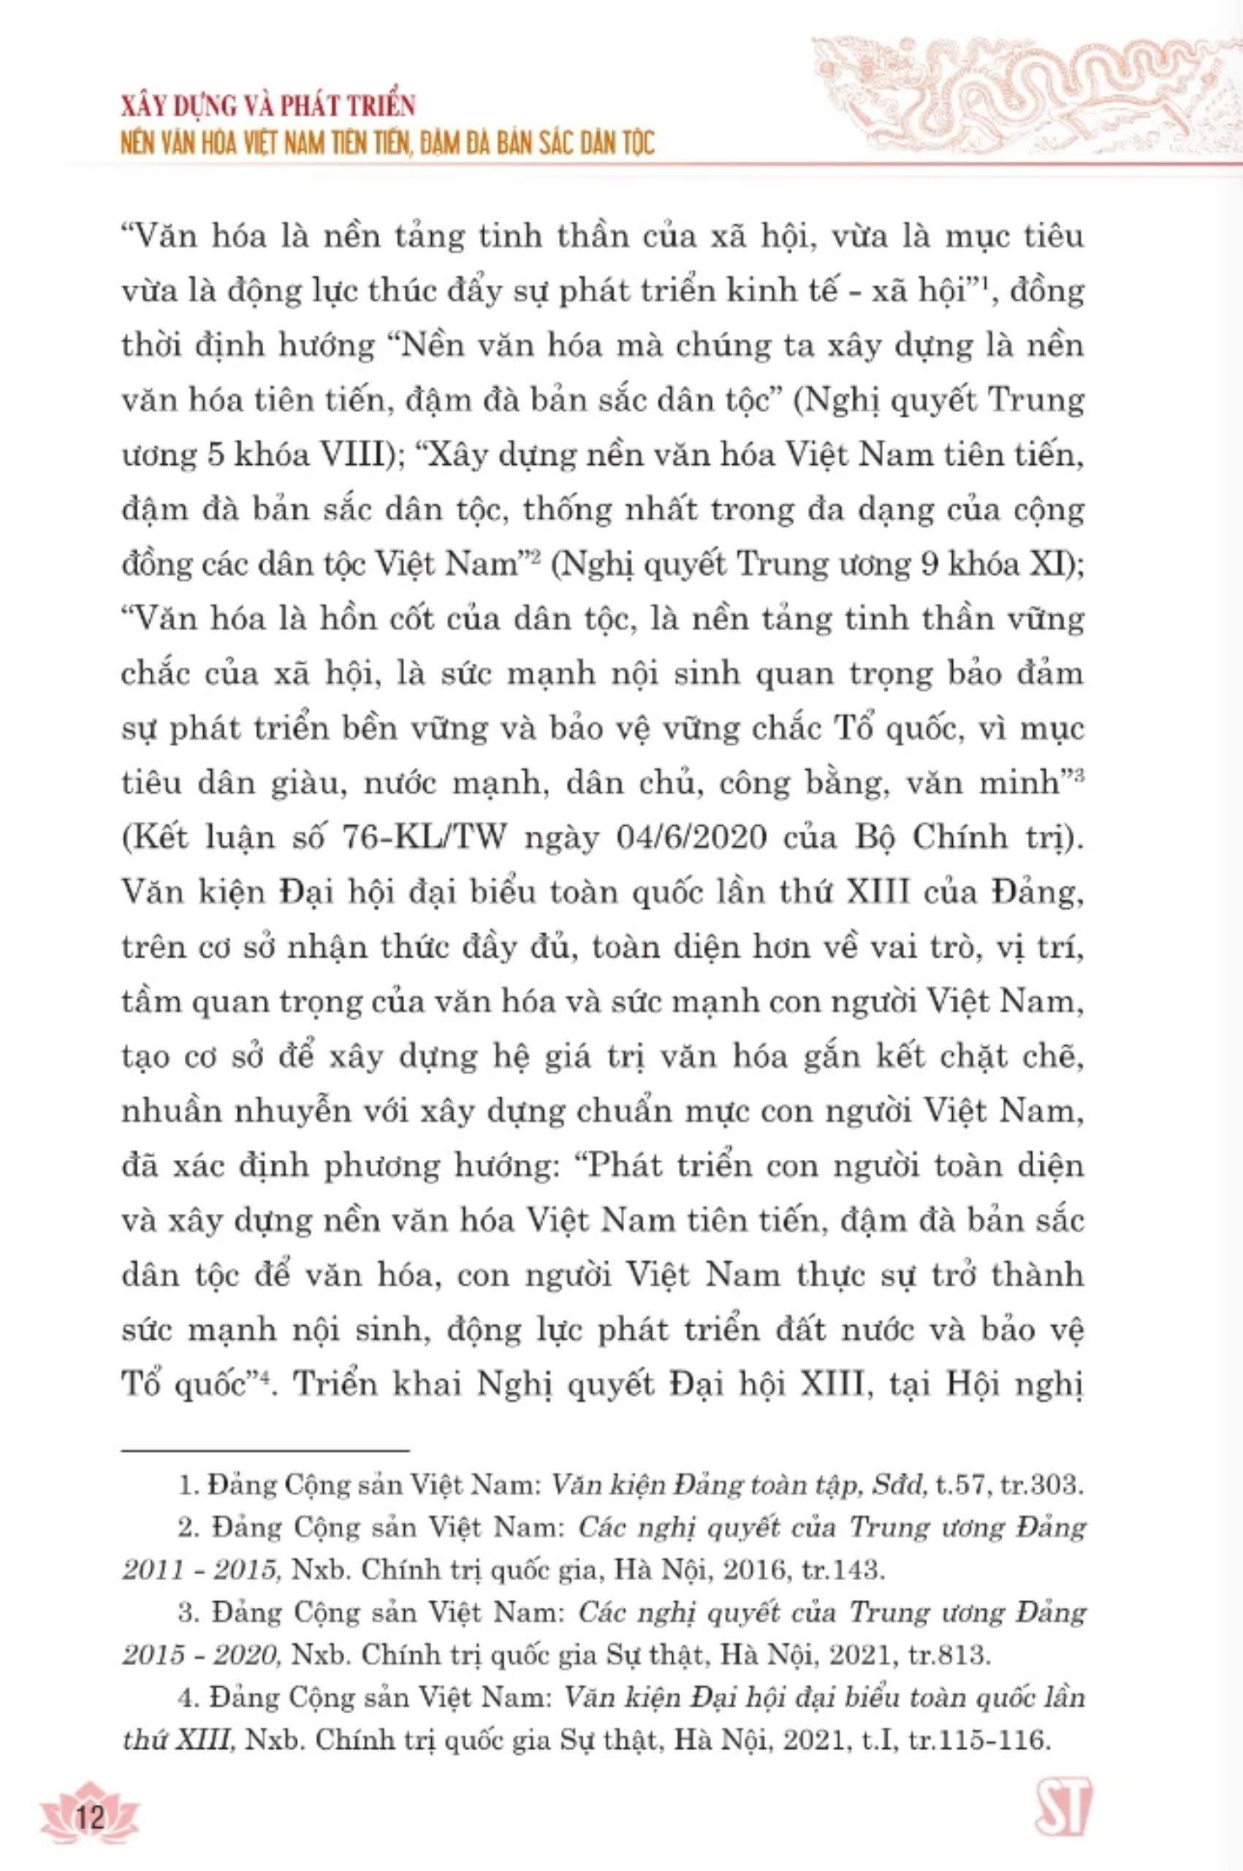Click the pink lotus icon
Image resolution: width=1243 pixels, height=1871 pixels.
[x=91, y=1807]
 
